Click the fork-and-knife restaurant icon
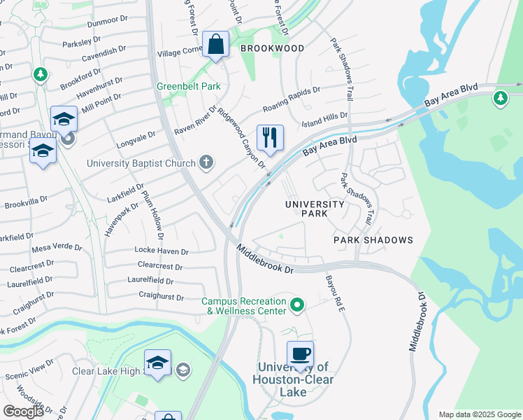tap(270, 137)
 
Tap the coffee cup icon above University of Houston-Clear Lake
tap(300, 353)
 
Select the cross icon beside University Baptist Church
tap(206, 163)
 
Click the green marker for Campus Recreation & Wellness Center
tap(297, 305)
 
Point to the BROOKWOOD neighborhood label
tap(272, 48)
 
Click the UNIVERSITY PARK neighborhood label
tap(314, 209)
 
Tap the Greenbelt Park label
tap(188, 87)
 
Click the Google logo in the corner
tap(23, 412)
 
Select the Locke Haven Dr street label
tap(162, 251)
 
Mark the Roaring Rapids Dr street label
tap(291, 100)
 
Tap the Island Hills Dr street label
tap(324, 120)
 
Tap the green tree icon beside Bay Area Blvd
tap(500, 97)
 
